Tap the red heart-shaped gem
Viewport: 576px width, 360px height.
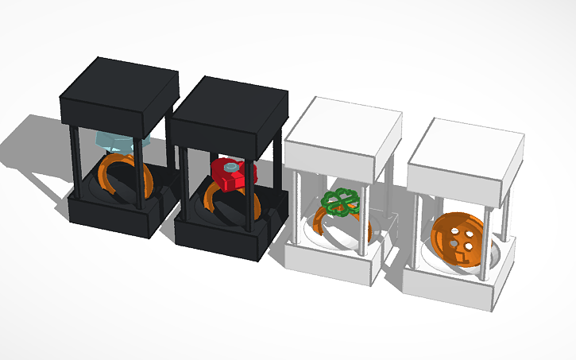click(x=228, y=175)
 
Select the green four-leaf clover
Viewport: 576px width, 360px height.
click(x=340, y=203)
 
